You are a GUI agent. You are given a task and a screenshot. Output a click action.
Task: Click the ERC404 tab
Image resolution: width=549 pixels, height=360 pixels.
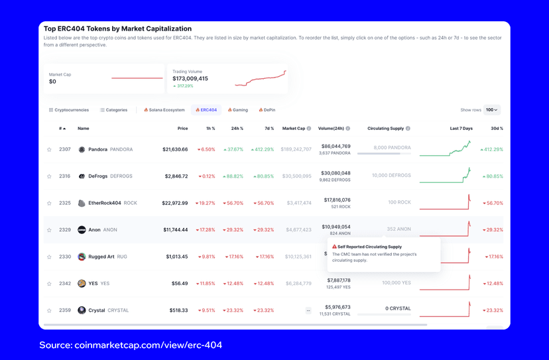[206, 110]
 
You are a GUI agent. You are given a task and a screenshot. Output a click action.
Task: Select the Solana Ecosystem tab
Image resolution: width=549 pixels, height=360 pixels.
[164, 110]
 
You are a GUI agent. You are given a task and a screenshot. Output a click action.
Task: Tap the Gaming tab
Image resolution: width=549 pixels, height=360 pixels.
[238, 110]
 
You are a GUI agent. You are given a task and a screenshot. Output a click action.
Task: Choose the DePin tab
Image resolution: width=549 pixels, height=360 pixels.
[267, 110]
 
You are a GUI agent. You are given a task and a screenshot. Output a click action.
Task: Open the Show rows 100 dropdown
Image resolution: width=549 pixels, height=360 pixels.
[491, 110]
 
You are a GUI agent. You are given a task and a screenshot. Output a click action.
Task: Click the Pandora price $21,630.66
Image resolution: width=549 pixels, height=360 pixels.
[175, 150]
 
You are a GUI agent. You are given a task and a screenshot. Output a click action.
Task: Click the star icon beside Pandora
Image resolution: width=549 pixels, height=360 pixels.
[49, 150]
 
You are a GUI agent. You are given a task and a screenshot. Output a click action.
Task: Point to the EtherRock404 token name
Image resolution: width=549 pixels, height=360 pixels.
[105, 203]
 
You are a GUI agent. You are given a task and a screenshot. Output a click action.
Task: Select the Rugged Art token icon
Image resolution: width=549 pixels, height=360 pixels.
[82, 257]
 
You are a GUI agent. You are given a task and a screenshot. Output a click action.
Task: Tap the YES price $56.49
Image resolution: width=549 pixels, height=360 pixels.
[179, 283]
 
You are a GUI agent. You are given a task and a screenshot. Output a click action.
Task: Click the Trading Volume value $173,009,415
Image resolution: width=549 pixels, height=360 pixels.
[190, 79]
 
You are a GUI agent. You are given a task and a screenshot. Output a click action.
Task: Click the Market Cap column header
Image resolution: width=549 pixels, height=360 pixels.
[293, 129]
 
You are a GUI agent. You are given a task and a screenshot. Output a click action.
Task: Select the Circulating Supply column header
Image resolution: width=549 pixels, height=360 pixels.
[385, 129]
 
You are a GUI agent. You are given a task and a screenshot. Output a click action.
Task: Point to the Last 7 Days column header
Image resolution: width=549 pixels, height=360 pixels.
[461, 129]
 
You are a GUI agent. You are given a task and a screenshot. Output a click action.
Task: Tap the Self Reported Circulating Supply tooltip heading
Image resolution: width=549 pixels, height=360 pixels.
[369, 247]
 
